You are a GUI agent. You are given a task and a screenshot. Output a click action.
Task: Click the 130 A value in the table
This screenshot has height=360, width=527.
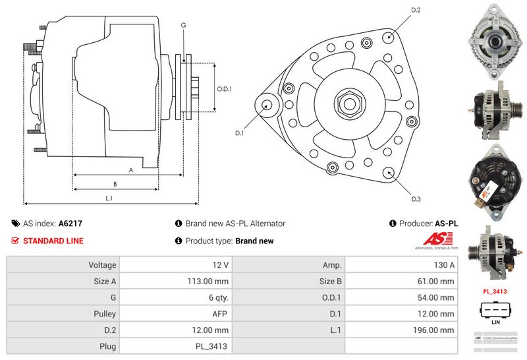pos(445,265)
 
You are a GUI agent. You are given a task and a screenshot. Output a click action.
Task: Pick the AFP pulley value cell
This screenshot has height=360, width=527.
pos(219,314)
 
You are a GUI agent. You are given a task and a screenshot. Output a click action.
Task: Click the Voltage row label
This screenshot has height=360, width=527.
pos(102,265)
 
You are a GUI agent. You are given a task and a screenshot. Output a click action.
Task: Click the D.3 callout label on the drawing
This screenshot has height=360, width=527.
pos(416,199)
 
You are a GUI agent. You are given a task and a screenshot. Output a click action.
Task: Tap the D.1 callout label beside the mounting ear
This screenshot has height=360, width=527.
pos(240,133)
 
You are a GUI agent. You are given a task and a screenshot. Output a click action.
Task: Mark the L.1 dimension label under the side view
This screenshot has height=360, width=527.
pos(109,197)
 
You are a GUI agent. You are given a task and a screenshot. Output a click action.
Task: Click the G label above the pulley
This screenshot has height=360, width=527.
pos(183,25)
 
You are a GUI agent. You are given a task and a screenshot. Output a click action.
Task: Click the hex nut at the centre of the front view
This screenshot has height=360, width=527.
pos(347,104)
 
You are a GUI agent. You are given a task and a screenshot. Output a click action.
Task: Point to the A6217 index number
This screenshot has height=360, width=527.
pos(70,224)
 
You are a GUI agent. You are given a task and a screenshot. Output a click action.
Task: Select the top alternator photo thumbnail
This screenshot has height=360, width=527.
pos(494,34)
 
